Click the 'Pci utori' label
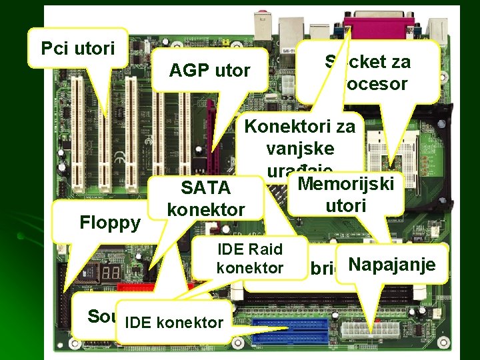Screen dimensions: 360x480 [x=77, y=48]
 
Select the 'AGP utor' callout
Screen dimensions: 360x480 [x=209, y=70]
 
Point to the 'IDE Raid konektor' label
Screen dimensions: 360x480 [x=251, y=259]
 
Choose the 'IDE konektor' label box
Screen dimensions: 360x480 [x=173, y=323]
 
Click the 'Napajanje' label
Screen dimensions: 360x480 [x=392, y=265]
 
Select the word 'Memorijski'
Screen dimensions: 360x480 [x=346, y=183]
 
